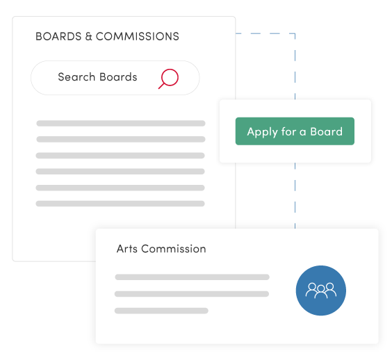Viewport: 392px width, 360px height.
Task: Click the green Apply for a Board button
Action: [295, 131]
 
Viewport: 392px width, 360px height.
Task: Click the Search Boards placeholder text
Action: [97, 77]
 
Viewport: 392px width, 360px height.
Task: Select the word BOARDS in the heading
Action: [58, 36]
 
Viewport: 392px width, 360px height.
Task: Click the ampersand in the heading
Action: [88, 36]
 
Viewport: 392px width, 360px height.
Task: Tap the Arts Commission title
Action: [161, 249]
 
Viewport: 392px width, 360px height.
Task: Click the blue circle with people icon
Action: [320, 291]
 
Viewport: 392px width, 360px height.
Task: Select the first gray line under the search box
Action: [120, 124]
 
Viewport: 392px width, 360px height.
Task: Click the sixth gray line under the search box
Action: [120, 204]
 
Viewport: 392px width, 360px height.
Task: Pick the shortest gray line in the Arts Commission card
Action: [161, 311]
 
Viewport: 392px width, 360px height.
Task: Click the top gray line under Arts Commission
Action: [192, 277]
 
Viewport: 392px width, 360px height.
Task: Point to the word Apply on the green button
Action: [262, 132]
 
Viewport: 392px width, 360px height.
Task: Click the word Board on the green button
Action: [327, 131]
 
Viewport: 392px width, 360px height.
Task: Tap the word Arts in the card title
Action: [127, 249]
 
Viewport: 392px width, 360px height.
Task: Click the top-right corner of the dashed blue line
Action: [295, 33]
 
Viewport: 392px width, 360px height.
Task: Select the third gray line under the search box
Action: [120, 156]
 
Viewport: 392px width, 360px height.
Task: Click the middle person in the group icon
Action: [320, 288]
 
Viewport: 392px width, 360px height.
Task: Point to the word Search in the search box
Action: [76, 77]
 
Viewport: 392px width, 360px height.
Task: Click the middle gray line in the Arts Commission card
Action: [192, 294]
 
